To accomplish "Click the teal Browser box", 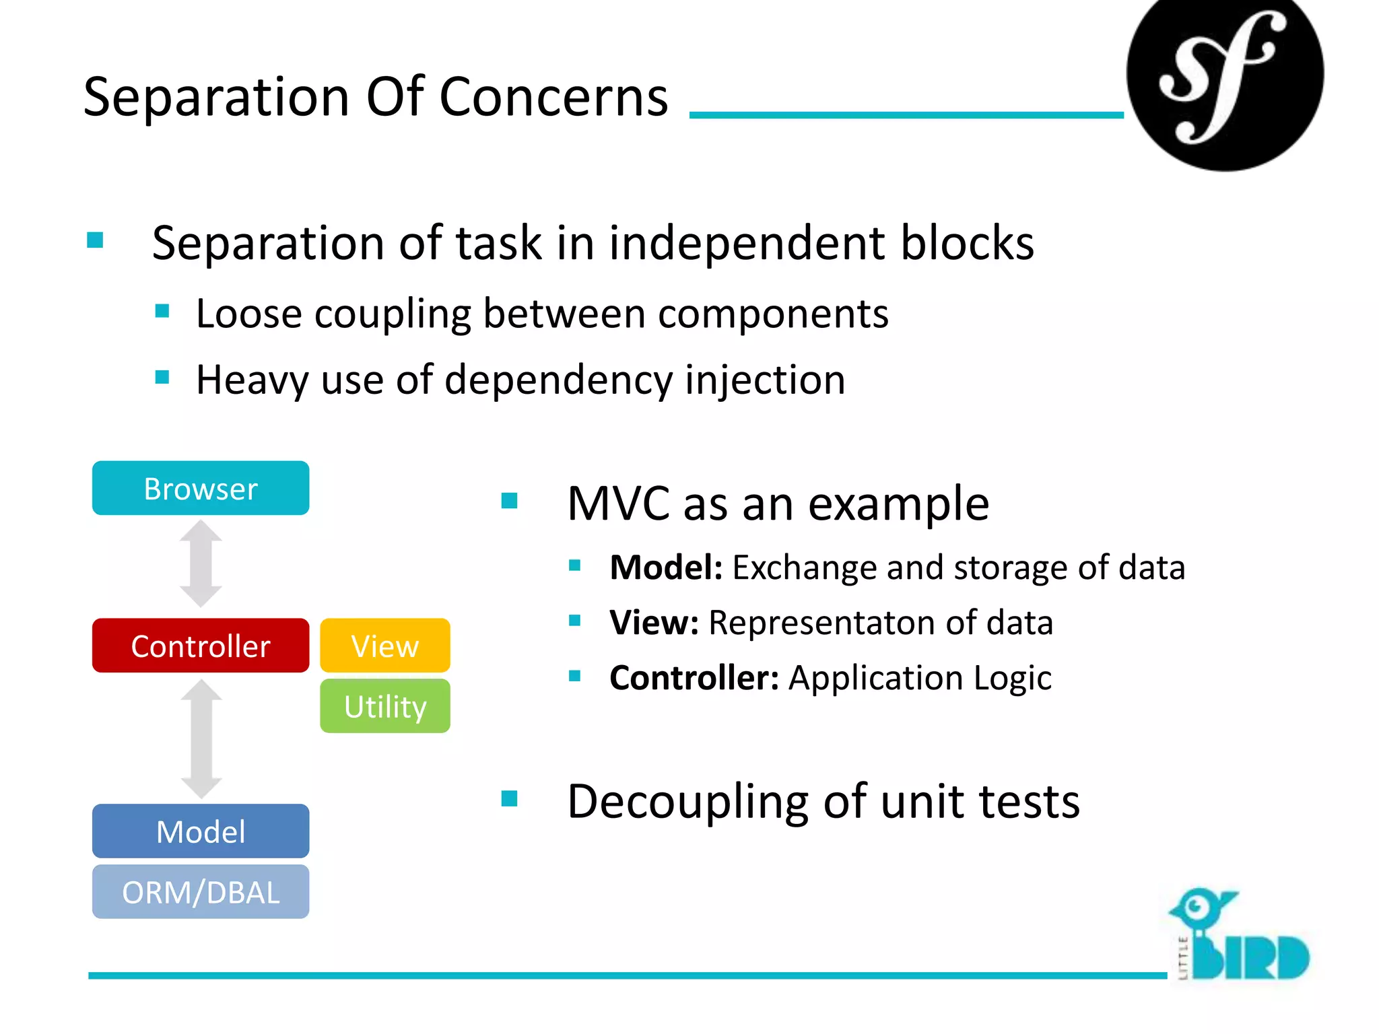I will (201, 488).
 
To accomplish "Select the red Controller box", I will (201, 646).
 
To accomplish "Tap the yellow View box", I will (384, 646).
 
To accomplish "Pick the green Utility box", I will (384, 706).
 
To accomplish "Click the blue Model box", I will (201, 831).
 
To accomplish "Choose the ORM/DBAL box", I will (201, 892).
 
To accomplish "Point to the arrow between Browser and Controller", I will (201, 564).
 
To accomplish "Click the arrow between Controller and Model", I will (201, 738).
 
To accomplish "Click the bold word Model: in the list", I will (665, 567).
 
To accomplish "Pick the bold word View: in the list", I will (653, 623).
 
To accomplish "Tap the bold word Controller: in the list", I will (694, 678).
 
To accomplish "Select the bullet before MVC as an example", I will (510, 501).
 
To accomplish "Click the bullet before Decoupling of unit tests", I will (510, 799).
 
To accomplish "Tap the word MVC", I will (618, 504).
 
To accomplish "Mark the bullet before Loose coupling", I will (162, 311).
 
